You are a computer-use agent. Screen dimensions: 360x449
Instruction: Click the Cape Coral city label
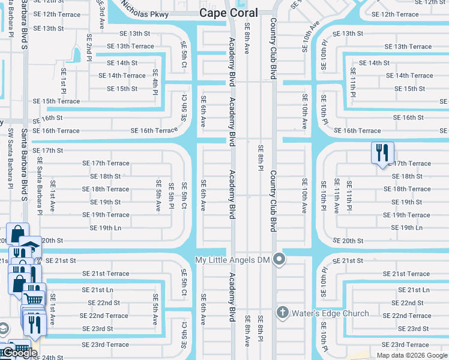coord(228,13)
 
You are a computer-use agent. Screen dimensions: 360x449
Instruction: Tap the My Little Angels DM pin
coord(279,260)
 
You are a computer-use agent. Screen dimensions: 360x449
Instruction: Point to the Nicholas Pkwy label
coord(144,8)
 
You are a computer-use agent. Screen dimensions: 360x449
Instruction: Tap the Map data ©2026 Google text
coord(412,355)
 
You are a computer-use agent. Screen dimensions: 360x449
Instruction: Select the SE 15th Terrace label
coord(56,101)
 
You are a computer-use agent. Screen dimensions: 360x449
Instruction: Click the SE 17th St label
coord(47,150)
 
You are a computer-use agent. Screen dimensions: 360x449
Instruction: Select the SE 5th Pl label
coord(171,196)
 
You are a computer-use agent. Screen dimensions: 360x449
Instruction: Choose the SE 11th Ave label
coord(336,196)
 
